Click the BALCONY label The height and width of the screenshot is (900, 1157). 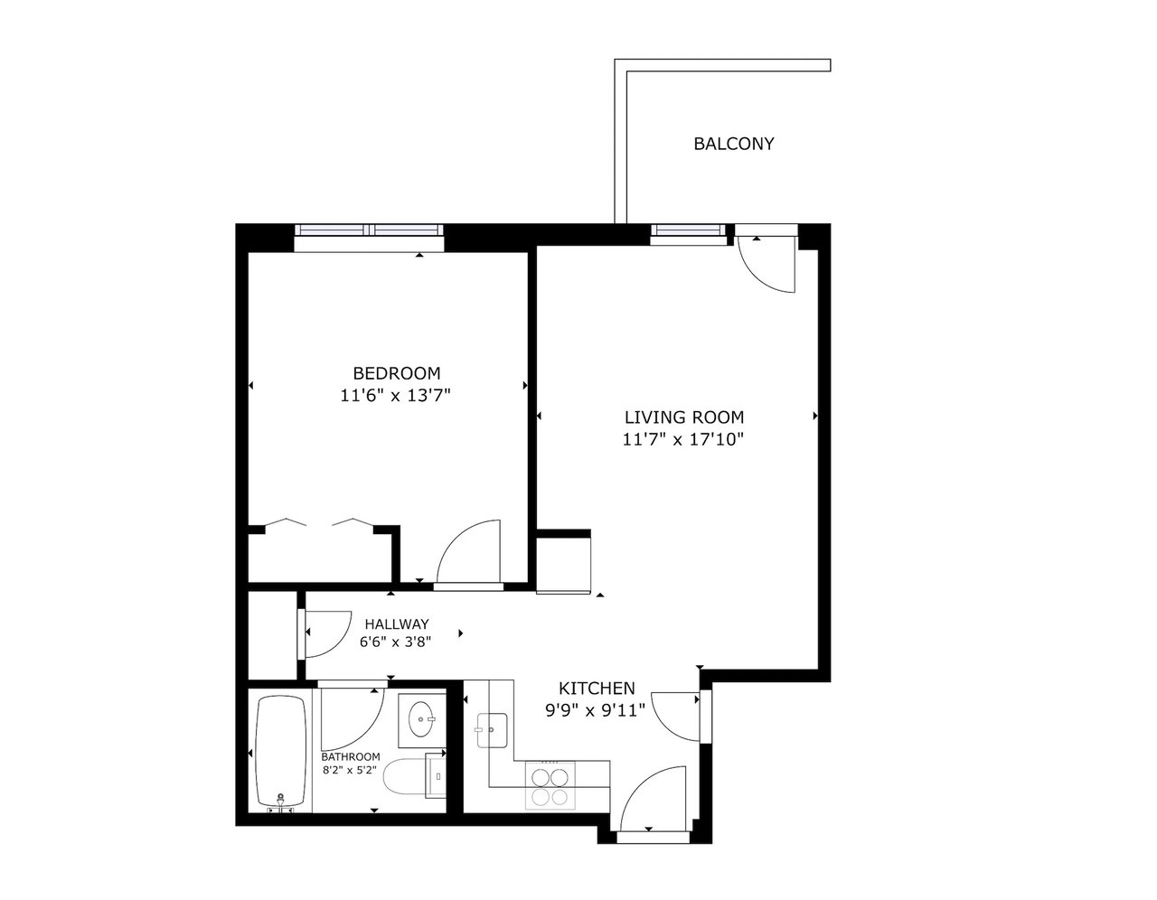coord(733,144)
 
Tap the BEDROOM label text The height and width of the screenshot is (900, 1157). coord(396,373)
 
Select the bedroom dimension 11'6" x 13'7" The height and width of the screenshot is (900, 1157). coord(396,395)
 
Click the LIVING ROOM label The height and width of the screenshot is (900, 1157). coord(683,417)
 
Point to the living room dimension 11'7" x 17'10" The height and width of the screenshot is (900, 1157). coord(683,440)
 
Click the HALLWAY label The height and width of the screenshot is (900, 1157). coord(396,623)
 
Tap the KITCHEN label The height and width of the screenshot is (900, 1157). coord(596,689)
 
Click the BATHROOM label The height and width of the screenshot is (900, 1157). coord(351,756)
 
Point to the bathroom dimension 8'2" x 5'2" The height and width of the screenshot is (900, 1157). coord(351,771)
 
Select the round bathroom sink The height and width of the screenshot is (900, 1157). coord(421,721)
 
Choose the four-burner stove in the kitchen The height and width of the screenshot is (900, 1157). coord(550,785)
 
